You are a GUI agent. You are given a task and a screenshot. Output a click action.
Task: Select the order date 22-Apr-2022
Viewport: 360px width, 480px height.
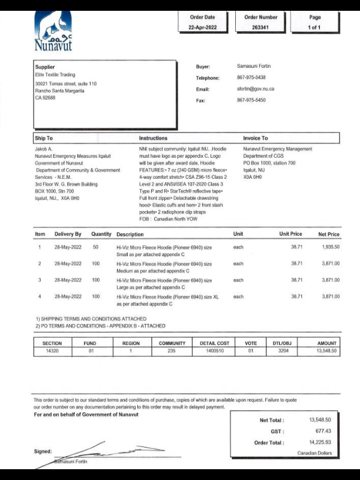pos(202,28)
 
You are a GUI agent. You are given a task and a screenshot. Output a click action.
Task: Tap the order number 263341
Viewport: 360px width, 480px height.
pos(260,28)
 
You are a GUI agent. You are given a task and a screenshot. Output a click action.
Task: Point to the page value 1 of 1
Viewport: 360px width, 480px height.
pos(315,28)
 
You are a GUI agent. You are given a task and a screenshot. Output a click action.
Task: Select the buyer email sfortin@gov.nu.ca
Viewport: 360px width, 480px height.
pos(255,89)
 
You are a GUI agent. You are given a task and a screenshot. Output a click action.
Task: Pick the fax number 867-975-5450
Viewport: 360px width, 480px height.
pos(251,100)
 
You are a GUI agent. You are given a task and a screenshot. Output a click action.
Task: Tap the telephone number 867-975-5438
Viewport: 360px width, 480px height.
pos(251,77)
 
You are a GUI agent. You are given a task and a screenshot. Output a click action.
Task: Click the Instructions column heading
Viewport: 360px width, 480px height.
pos(153,138)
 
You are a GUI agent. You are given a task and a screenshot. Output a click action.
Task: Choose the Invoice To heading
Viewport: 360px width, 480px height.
pos(256,138)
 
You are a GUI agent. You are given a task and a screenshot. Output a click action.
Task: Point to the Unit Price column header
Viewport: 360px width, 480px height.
pos(290,234)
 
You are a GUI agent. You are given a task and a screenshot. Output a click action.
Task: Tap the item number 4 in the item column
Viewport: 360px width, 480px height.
pos(40,296)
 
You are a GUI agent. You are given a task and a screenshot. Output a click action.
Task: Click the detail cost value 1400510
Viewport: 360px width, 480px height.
pos(214,351)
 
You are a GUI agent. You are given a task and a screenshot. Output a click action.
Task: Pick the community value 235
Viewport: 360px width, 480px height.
pos(172,351)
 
